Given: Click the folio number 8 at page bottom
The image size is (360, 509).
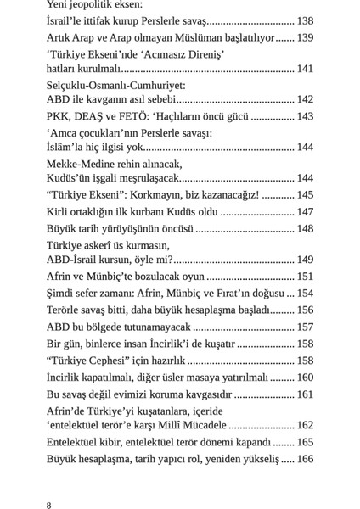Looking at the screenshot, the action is [49, 506].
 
